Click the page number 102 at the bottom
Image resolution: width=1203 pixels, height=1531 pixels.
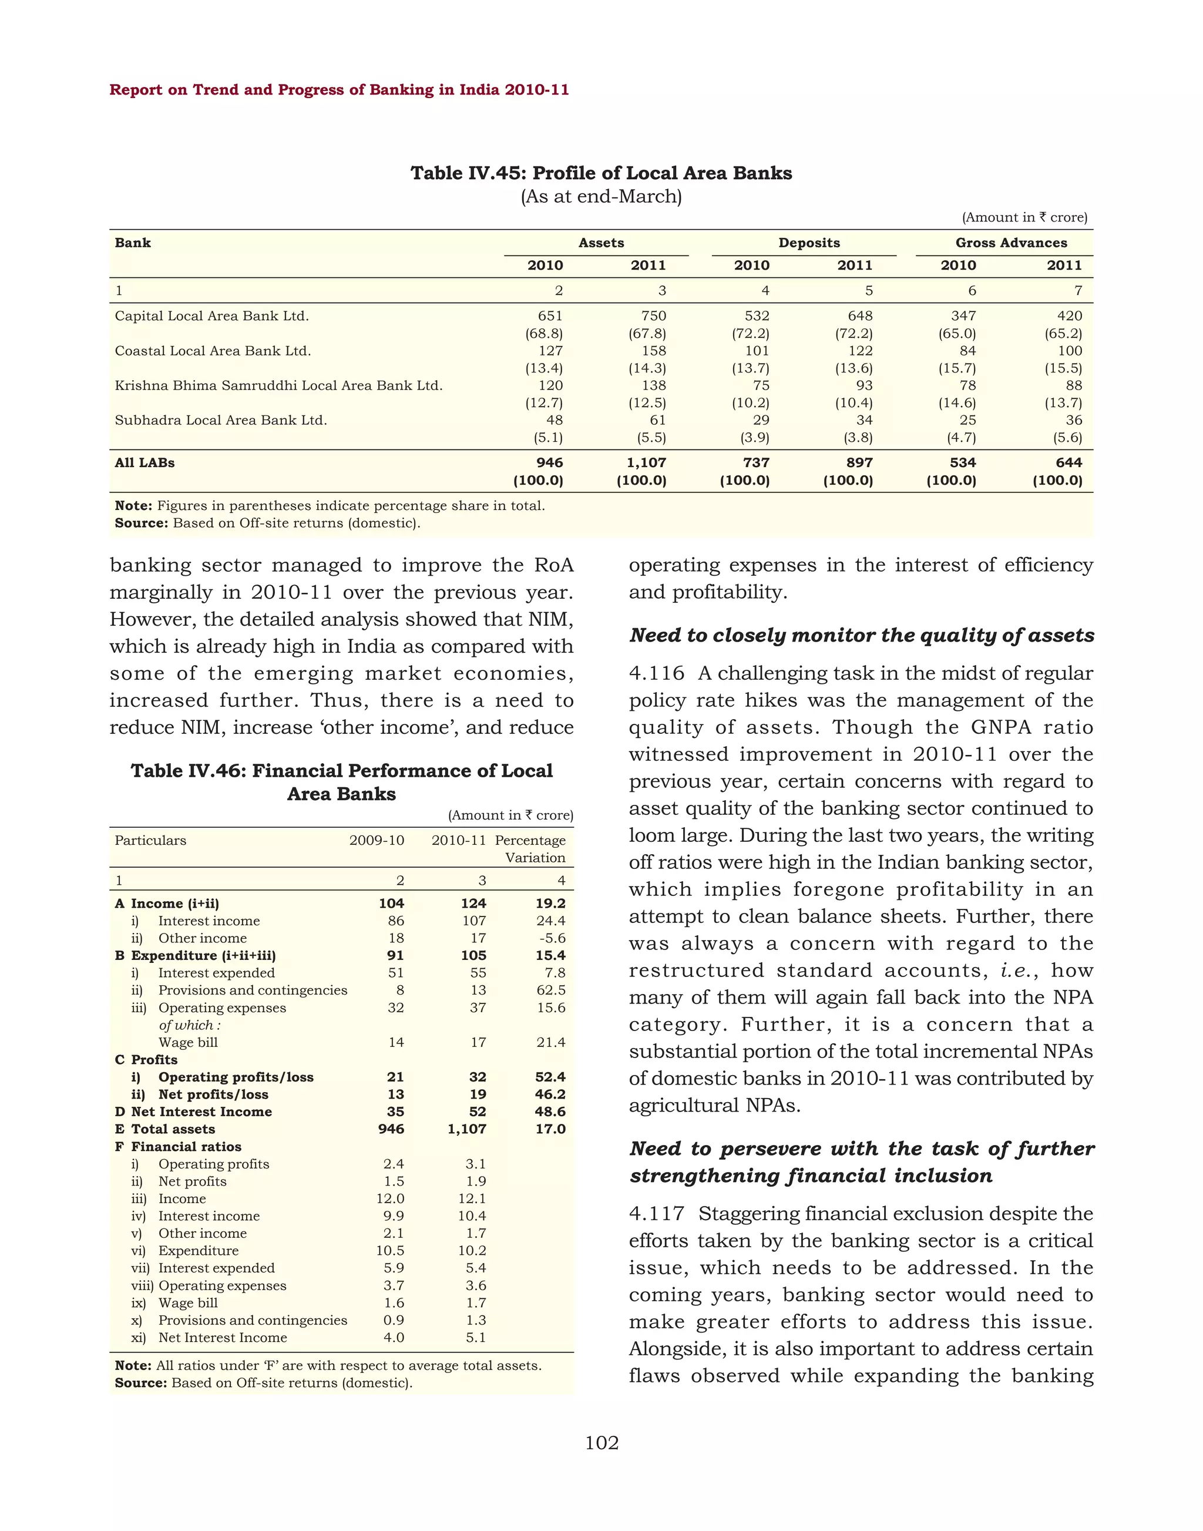tap(601, 1443)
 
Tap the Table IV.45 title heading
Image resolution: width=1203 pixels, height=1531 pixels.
tap(601, 173)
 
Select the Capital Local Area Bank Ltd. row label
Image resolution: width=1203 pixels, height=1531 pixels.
tap(212, 316)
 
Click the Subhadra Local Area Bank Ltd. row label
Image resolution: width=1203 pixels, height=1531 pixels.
tap(220, 421)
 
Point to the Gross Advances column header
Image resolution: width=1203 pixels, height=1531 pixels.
tap(1011, 243)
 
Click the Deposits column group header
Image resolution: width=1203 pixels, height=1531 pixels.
tap(809, 243)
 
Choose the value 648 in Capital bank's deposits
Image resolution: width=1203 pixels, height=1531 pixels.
tap(860, 316)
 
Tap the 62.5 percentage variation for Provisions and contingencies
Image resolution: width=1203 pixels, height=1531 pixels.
tap(551, 991)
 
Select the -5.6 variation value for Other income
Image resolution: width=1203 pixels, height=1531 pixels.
tap(552, 938)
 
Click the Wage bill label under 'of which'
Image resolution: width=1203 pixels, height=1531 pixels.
tap(188, 1043)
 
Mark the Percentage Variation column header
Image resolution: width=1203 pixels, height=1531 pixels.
tap(532, 849)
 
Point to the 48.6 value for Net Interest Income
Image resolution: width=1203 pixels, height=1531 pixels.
tap(551, 1112)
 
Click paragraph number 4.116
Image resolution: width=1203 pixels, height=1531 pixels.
tap(657, 673)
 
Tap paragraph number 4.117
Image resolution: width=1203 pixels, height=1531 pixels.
tap(657, 1214)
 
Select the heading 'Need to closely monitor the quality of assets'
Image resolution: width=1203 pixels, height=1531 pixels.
tap(861, 636)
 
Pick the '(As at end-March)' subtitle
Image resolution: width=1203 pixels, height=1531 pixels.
tap(601, 197)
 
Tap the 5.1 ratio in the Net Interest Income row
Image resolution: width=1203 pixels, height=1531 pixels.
tap(476, 1338)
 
